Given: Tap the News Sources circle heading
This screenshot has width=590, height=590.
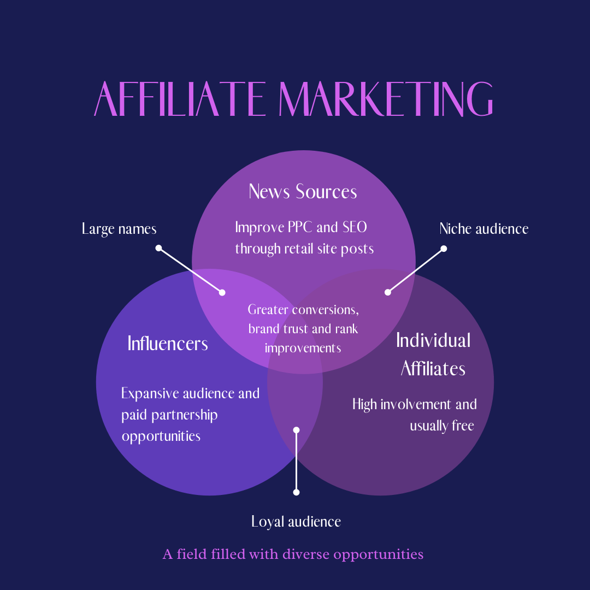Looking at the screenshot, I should click(x=303, y=192).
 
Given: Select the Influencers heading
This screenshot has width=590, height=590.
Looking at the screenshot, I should click(x=168, y=344).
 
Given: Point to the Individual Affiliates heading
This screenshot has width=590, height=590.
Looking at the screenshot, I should click(x=433, y=354).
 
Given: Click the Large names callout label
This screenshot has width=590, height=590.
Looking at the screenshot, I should click(x=119, y=228).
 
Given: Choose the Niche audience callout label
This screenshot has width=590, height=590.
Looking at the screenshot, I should click(x=483, y=228).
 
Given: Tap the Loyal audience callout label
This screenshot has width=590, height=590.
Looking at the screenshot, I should click(x=296, y=522).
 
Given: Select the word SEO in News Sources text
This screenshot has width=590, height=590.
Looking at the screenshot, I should click(x=355, y=227).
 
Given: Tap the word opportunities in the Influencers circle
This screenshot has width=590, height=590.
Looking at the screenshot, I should click(x=161, y=436).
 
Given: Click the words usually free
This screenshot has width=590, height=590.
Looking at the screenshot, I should click(x=441, y=426).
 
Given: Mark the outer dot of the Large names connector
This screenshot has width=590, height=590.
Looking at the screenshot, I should click(x=158, y=248).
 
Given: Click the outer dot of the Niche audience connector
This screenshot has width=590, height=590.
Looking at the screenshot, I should click(x=444, y=249).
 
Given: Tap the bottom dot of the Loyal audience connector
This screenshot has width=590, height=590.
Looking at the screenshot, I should click(x=297, y=492).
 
